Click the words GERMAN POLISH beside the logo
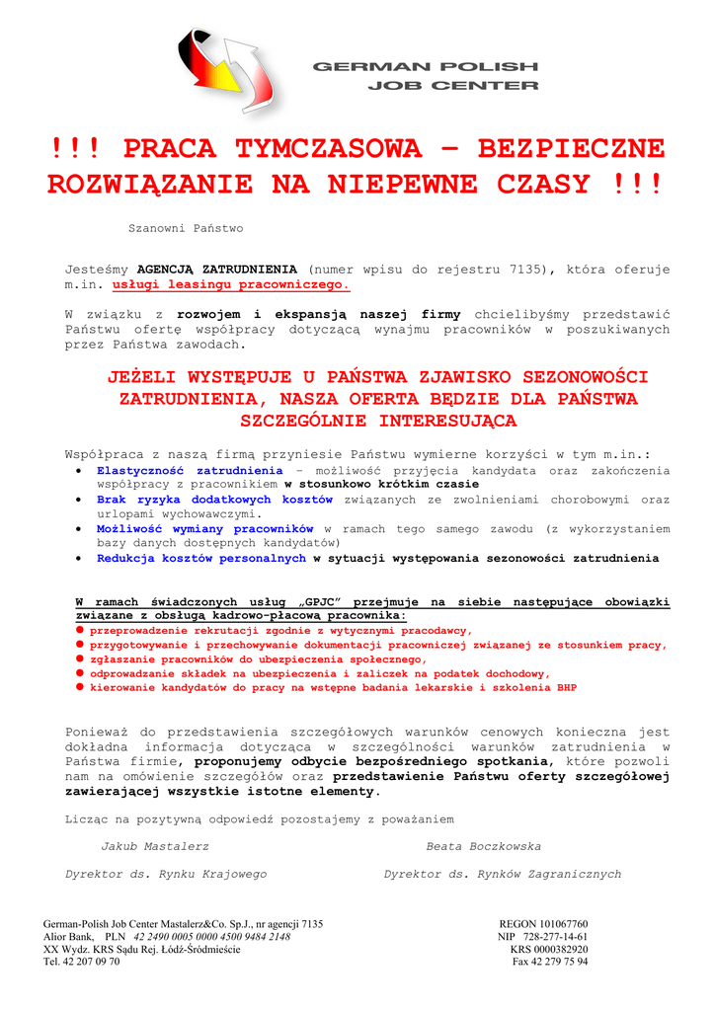coord(425,66)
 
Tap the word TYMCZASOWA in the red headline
coord(328,149)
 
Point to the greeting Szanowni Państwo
coord(186,228)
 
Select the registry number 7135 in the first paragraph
coord(531,269)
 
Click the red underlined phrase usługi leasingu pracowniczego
coord(231,284)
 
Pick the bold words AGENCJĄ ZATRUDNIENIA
coord(216,269)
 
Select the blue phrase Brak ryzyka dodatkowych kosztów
coord(214,500)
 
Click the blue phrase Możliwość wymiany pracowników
coord(204,529)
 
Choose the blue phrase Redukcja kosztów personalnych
coord(201,558)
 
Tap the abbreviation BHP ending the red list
coord(567,687)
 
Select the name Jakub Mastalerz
coord(155,846)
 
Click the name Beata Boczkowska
coord(483,846)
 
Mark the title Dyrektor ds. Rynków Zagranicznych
coord(503,874)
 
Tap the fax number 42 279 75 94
coord(561,962)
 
